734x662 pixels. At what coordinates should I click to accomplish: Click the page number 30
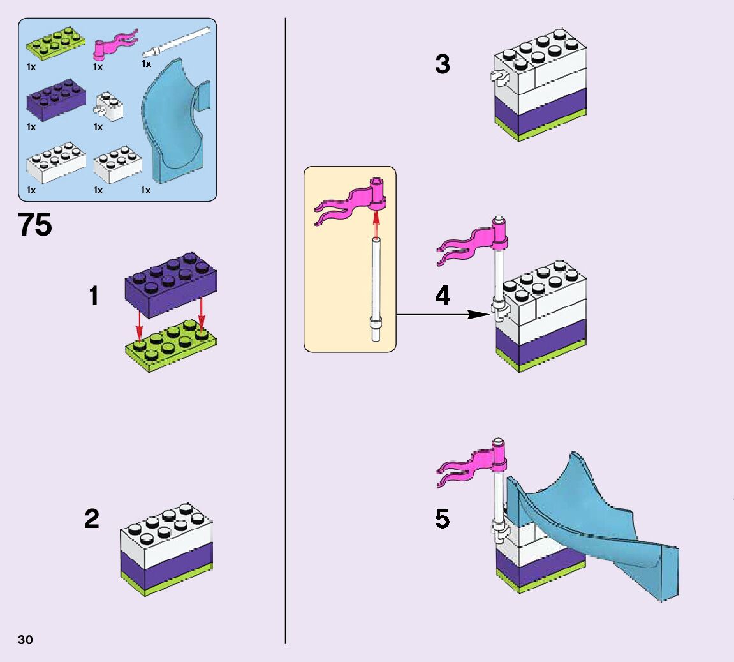pos(26,640)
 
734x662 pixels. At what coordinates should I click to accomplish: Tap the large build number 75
pos(36,225)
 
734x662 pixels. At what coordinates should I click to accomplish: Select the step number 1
pos(94,296)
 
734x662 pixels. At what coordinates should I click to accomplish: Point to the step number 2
pos(92,518)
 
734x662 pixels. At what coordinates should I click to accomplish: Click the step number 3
pos(443,64)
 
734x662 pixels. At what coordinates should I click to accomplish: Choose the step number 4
pos(443,296)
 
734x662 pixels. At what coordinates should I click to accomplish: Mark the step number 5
pos(443,518)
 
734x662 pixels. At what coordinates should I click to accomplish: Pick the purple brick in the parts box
pos(56,99)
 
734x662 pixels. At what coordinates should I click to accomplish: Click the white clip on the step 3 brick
pos(497,78)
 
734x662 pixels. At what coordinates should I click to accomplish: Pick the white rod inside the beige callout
pos(377,287)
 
